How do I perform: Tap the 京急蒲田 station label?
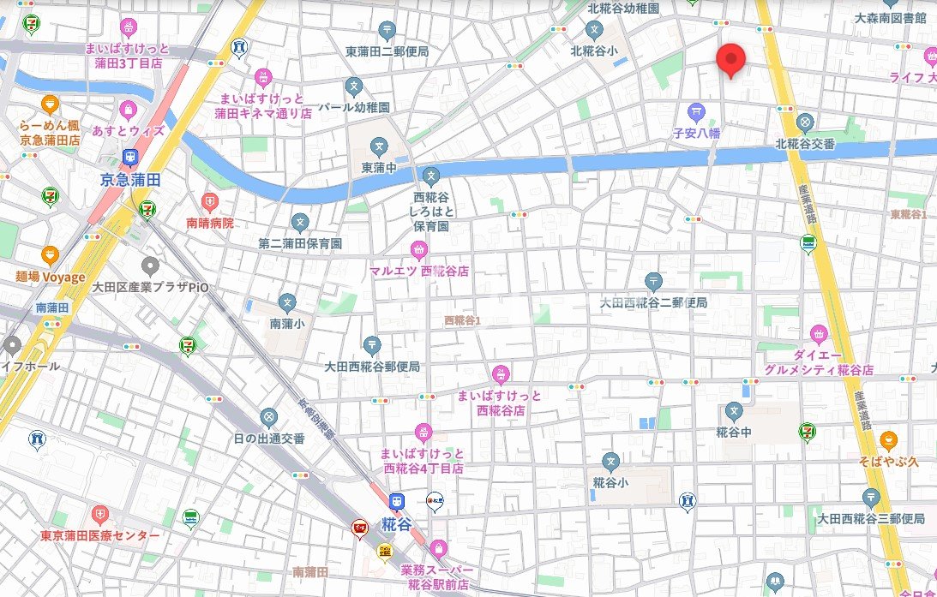click(129, 179)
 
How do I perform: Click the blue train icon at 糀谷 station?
click(394, 501)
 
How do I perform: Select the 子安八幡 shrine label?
click(696, 134)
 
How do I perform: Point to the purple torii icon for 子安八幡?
click(696, 111)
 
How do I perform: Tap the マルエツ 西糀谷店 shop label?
click(419, 272)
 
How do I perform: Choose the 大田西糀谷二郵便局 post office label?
click(653, 302)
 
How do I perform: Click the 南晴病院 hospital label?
click(210, 223)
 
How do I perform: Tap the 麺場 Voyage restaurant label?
click(51, 277)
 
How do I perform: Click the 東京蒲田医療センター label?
click(100, 535)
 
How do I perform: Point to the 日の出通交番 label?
click(269, 439)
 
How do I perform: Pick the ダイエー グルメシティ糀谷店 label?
click(819, 362)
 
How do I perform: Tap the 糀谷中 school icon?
click(734, 411)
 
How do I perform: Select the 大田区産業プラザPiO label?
click(151, 287)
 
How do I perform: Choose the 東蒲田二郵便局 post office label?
click(387, 51)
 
